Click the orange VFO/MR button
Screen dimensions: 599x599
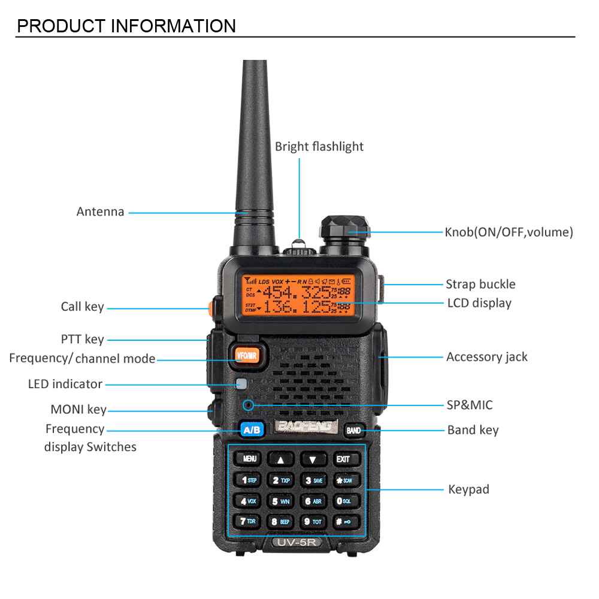tap(247, 355)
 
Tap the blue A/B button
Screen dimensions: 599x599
tap(252, 429)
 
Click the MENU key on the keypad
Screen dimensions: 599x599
tap(249, 459)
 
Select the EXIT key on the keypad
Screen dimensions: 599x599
tap(343, 459)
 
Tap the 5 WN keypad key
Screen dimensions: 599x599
tap(280, 501)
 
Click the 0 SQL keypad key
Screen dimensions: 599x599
tap(344, 501)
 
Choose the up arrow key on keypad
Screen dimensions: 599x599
tap(280, 459)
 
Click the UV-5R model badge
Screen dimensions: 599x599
tap(297, 542)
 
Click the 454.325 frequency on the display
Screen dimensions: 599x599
tap(296, 292)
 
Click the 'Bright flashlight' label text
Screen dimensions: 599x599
tap(319, 147)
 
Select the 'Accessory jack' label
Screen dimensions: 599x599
tap(486, 357)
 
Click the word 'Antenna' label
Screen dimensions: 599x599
tap(100, 211)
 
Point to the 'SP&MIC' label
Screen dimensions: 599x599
tap(470, 406)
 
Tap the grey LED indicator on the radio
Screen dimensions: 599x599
tap(241, 385)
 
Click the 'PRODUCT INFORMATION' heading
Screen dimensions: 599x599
tap(126, 26)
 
